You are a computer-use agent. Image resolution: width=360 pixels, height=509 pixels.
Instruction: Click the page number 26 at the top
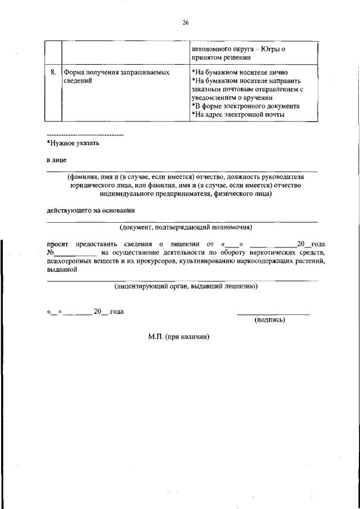(185, 22)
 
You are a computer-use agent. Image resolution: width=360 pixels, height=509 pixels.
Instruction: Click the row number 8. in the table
(52, 73)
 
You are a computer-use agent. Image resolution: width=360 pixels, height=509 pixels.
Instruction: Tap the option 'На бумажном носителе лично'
(240, 73)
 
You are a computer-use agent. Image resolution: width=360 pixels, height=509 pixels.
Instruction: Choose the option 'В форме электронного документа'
(245, 106)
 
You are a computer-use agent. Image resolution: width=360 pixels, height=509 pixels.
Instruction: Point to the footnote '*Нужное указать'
(73, 143)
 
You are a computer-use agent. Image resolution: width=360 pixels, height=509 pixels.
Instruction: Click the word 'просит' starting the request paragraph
(57, 244)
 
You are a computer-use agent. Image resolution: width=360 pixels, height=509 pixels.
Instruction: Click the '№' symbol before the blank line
(50, 253)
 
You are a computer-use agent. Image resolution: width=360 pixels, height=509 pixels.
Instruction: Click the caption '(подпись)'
(269, 320)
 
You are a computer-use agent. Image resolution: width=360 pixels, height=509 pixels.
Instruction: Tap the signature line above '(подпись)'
(273, 314)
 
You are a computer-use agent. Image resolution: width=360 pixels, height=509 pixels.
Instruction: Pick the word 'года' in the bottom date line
(116, 312)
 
